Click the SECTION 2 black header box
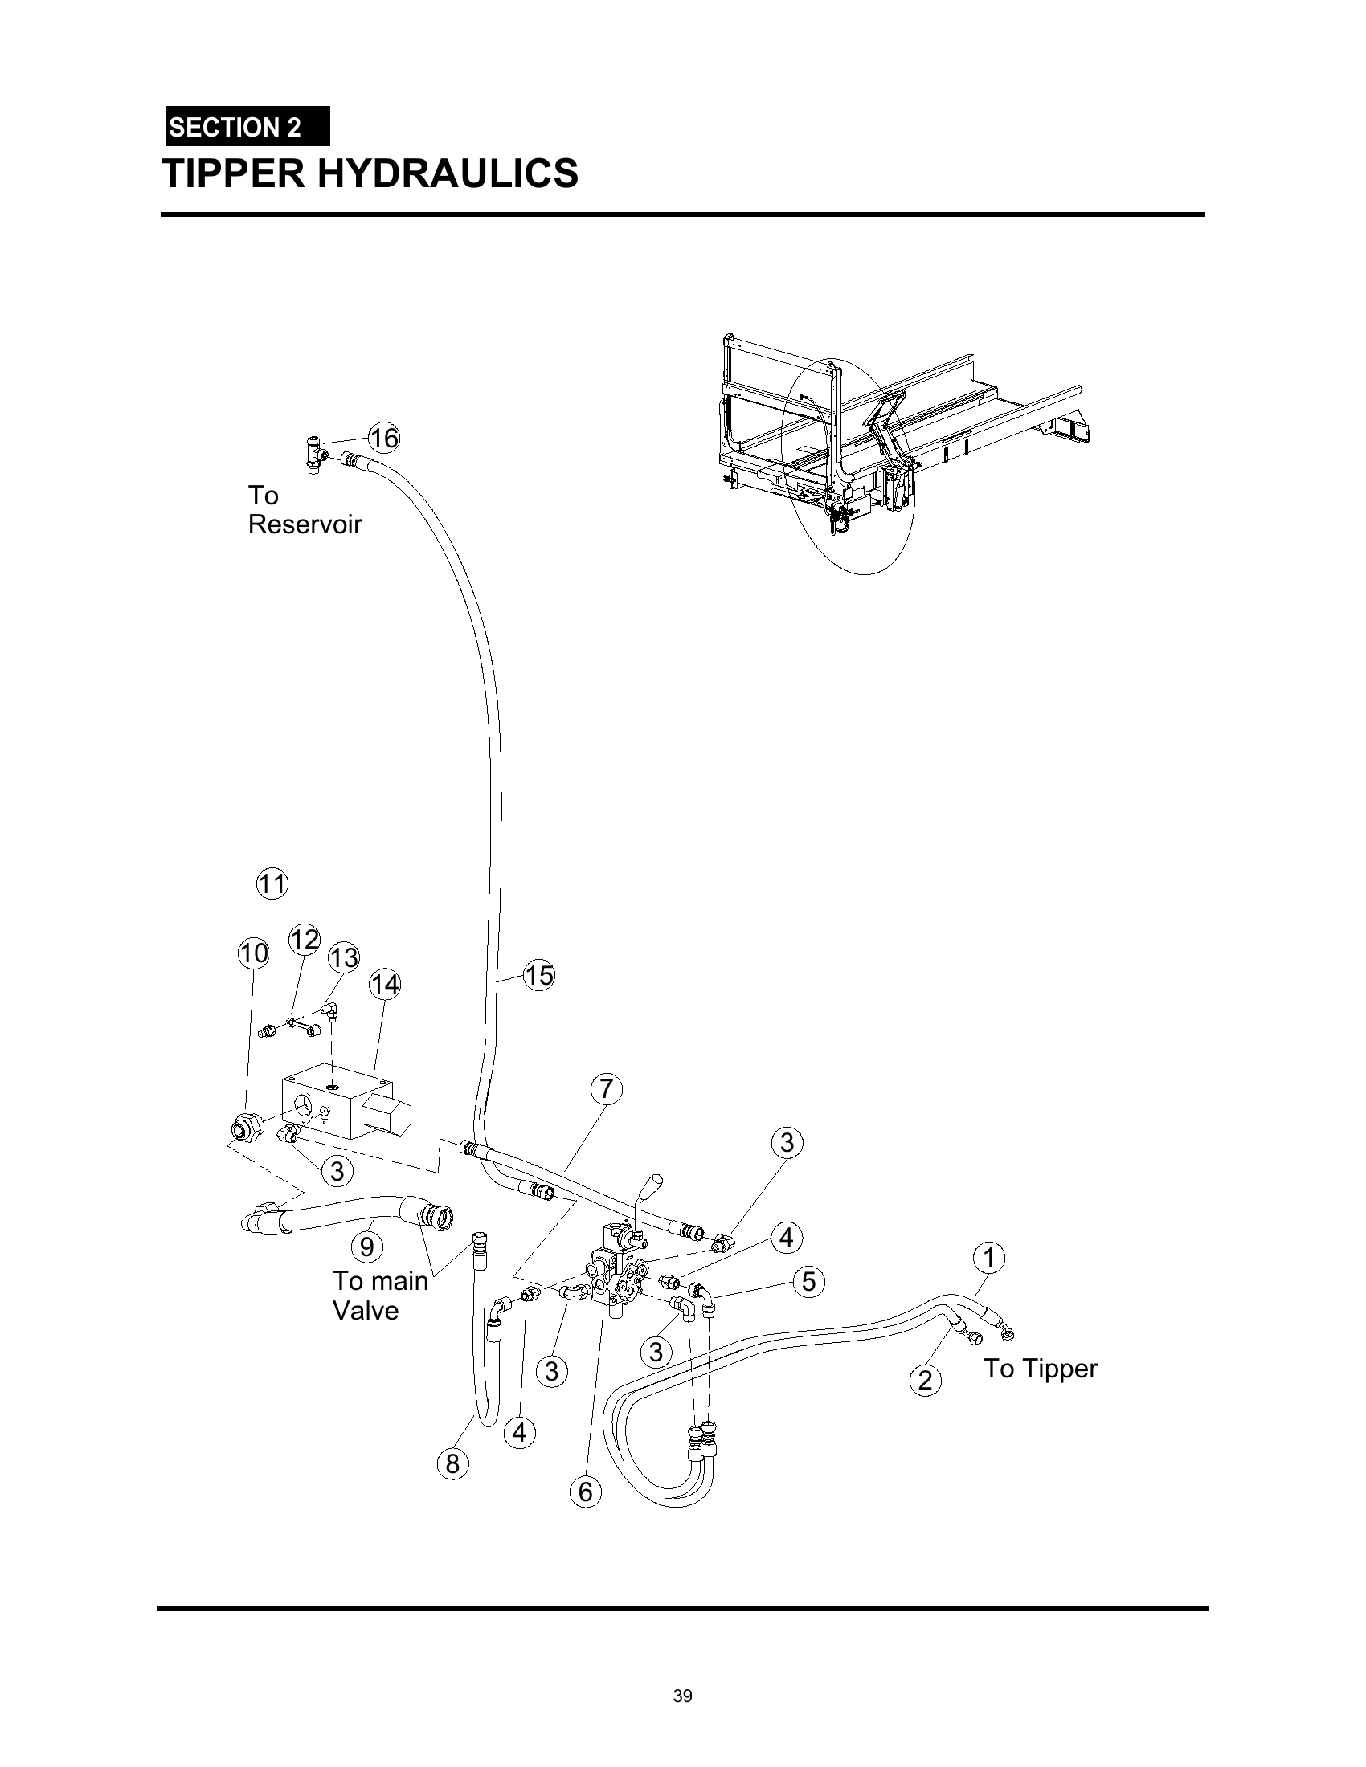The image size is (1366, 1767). [x=247, y=126]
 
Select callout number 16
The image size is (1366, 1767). [x=383, y=438]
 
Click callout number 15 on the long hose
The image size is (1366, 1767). [x=539, y=975]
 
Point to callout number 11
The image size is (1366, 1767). [x=272, y=883]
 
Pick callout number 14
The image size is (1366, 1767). [x=384, y=985]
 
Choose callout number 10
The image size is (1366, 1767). [x=253, y=953]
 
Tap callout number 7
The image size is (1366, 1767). [x=606, y=1089]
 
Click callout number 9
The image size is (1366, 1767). [x=366, y=1247]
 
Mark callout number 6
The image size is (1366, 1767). [x=586, y=1492]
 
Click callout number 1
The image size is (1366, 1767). [x=989, y=1258]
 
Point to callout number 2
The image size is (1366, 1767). [x=926, y=1379]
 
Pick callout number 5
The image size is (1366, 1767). [x=808, y=1282]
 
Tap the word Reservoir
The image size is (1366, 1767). [x=305, y=524]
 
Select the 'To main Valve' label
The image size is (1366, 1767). [x=380, y=1296]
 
